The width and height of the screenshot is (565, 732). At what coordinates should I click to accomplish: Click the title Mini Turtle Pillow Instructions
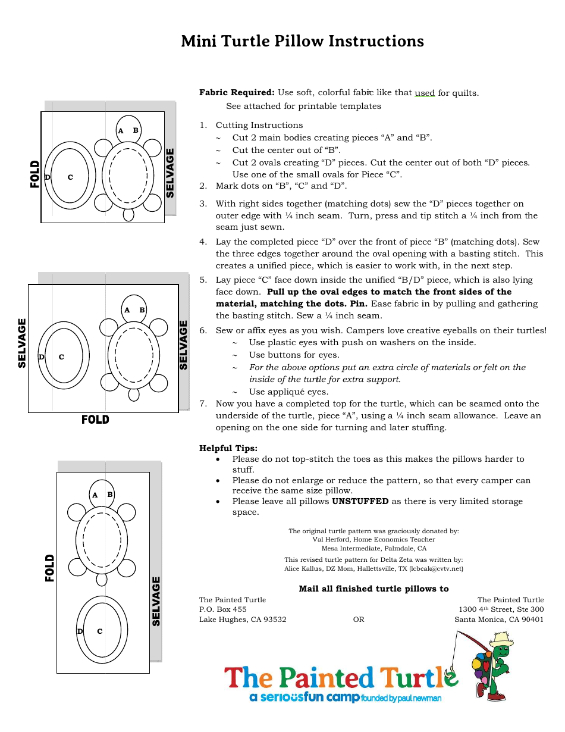click(302, 41)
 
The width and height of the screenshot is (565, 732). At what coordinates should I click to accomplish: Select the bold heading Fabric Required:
click(237, 92)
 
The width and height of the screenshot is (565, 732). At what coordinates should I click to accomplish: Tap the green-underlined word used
click(425, 93)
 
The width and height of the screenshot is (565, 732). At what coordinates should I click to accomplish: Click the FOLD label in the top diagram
click(35, 174)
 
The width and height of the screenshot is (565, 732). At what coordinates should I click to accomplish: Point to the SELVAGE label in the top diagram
click(170, 173)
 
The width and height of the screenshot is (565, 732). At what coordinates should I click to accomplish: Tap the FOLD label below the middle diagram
click(95, 420)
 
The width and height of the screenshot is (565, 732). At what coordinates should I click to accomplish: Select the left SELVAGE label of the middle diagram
click(22, 343)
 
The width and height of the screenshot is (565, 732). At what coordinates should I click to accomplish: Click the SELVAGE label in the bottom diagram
click(156, 600)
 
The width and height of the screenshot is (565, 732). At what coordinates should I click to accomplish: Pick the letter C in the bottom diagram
click(100, 631)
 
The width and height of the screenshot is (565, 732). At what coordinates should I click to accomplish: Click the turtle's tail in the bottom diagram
click(102, 579)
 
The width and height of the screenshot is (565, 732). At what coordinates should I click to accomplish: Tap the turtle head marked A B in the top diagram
click(128, 129)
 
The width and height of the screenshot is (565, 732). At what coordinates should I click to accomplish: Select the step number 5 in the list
click(203, 280)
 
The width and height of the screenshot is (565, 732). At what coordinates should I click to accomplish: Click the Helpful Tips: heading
click(228, 448)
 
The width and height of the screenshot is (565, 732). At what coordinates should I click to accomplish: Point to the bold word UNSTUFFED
click(360, 501)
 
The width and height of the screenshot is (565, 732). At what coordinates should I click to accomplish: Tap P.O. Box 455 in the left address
click(222, 609)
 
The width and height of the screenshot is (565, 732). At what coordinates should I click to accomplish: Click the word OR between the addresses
click(358, 620)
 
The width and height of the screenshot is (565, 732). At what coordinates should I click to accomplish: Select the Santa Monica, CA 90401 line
click(499, 620)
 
